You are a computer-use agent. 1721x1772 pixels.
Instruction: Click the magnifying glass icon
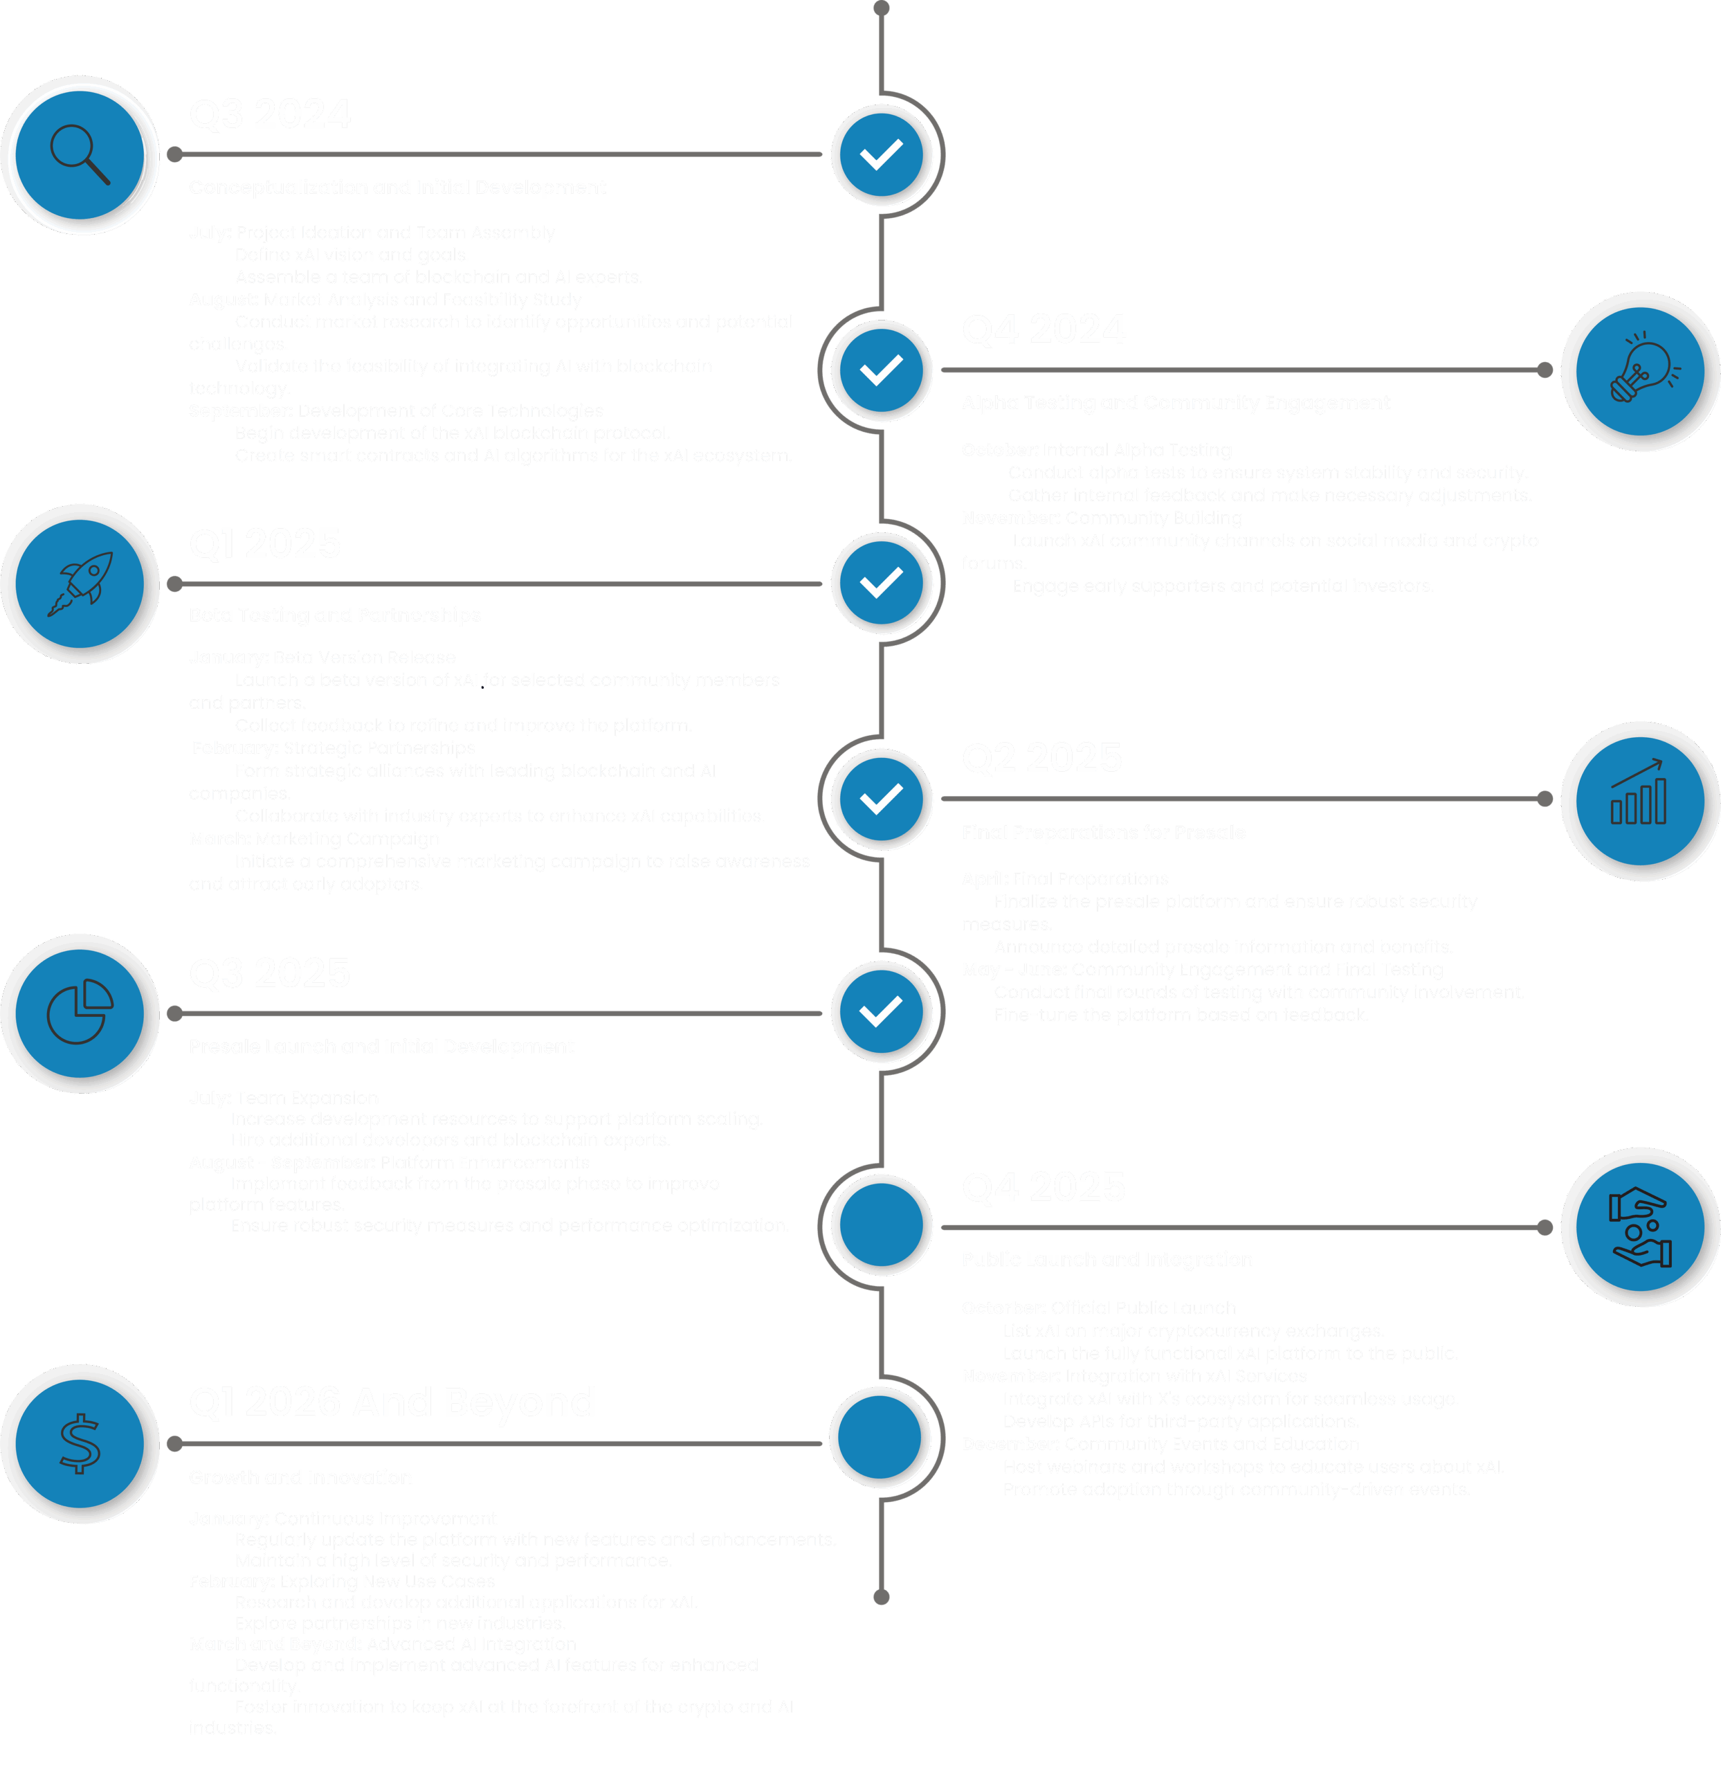click(x=80, y=154)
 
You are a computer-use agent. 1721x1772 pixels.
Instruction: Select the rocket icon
click(x=80, y=584)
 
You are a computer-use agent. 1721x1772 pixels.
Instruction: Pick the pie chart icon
click(x=80, y=1013)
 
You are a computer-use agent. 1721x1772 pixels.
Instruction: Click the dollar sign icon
click(x=80, y=1443)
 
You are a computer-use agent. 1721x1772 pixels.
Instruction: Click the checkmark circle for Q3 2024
click(x=882, y=154)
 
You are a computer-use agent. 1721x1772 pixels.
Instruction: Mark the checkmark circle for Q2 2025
click(x=882, y=799)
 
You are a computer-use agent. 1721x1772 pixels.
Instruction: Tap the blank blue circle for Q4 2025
click(x=882, y=1225)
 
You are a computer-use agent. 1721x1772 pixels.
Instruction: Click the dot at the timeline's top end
click(x=882, y=9)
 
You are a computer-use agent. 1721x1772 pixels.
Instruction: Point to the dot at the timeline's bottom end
click(x=882, y=1598)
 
